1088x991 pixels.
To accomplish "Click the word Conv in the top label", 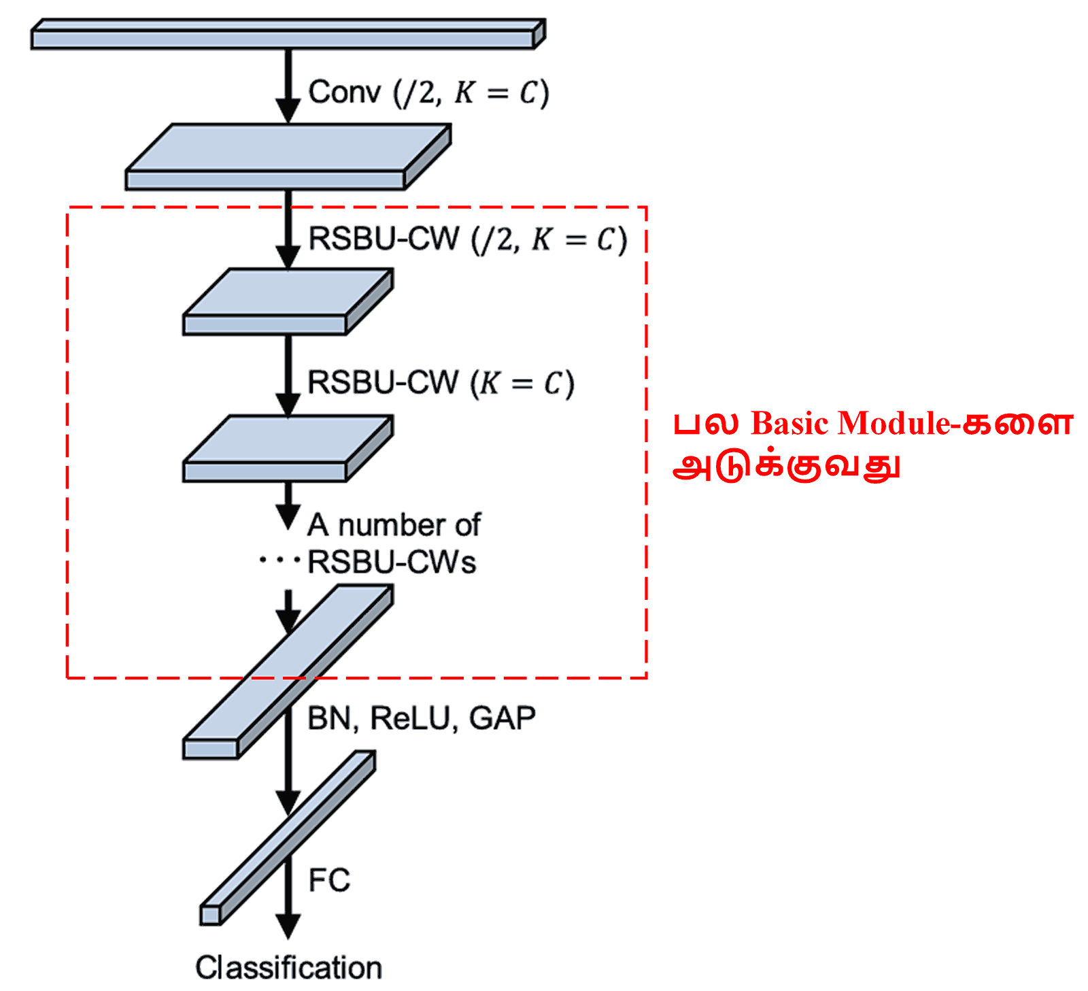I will pyautogui.click(x=344, y=93).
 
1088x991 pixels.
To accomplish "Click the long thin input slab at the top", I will pyautogui.click(x=286, y=35).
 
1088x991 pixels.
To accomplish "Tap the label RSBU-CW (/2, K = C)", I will pyautogui.click(x=467, y=239).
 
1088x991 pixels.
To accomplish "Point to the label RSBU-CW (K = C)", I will pyautogui.click(x=441, y=383).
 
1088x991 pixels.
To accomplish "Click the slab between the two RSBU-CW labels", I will pyautogui.click(x=286, y=303).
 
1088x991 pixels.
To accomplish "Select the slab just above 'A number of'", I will pyautogui.click(x=286, y=449).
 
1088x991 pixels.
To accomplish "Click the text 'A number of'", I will pyautogui.click(x=394, y=525).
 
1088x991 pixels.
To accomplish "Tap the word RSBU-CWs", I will pyautogui.click(x=392, y=562).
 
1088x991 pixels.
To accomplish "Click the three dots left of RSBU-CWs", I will pyautogui.click(x=279, y=561).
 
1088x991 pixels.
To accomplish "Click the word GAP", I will pyautogui.click(x=502, y=719).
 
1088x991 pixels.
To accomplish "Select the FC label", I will pyautogui.click(x=329, y=880).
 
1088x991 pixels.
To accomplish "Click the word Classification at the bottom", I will pyautogui.click(x=288, y=967).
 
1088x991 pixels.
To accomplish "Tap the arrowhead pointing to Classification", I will pyautogui.click(x=288, y=926).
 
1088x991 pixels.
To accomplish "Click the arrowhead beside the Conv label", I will pyautogui.click(x=288, y=109).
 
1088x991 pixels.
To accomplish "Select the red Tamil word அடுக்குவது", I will pyautogui.click(x=786, y=467).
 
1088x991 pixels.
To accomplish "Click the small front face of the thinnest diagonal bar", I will pyautogui.click(x=210, y=915).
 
